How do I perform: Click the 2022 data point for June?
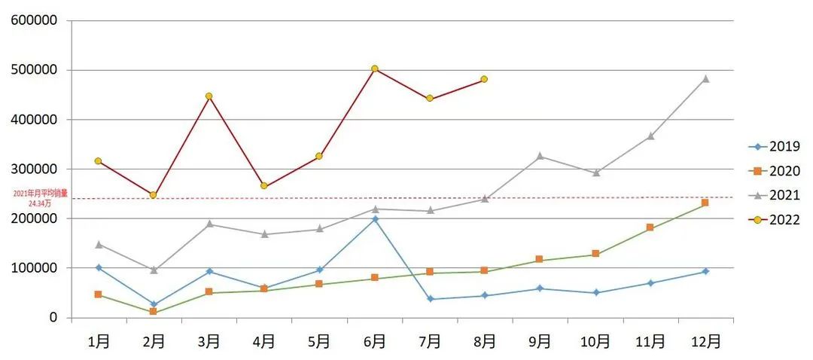click(374, 69)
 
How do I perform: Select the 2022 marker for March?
click(209, 96)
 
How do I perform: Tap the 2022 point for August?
click(484, 79)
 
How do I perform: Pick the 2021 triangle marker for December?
click(705, 78)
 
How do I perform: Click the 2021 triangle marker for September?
click(540, 156)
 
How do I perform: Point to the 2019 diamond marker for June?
click(374, 219)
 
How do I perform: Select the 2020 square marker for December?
click(705, 203)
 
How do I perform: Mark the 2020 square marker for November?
click(650, 227)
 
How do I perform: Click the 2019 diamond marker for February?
click(154, 304)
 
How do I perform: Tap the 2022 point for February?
click(154, 195)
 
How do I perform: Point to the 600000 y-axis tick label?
click(35, 20)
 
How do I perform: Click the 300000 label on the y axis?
click(35, 169)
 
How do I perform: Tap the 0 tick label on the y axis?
click(53, 318)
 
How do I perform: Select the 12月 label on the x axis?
click(705, 341)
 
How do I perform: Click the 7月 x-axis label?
click(429, 341)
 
